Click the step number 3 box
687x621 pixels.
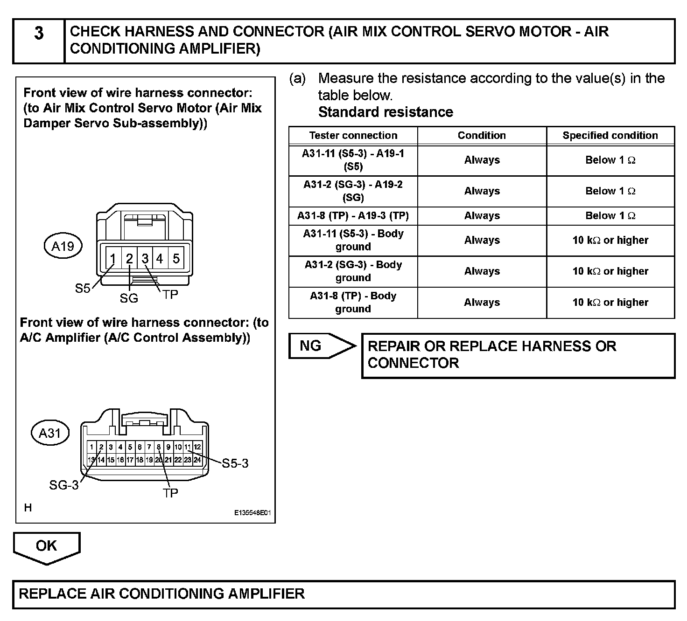click(39, 41)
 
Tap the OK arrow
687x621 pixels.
click(46, 546)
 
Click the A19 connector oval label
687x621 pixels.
click(63, 246)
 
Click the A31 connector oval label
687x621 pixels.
click(50, 433)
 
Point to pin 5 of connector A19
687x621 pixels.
click(176, 258)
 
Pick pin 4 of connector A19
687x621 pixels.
click(160, 258)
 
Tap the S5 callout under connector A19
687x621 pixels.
click(83, 289)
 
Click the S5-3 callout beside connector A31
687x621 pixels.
click(235, 463)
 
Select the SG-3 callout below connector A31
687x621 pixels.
click(64, 485)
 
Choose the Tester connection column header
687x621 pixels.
click(353, 136)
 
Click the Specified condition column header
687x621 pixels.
click(610, 136)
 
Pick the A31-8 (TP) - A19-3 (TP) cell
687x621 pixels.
click(353, 216)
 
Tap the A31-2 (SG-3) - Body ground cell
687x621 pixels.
click(353, 271)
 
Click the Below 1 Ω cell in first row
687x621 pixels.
click(610, 160)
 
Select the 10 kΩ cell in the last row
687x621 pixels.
click(610, 303)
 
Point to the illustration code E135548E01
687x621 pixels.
click(252, 513)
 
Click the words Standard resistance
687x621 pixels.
click(386, 112)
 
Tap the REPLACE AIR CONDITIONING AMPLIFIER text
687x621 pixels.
click(161, 594)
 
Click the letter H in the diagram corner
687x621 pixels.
click(28, 508)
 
